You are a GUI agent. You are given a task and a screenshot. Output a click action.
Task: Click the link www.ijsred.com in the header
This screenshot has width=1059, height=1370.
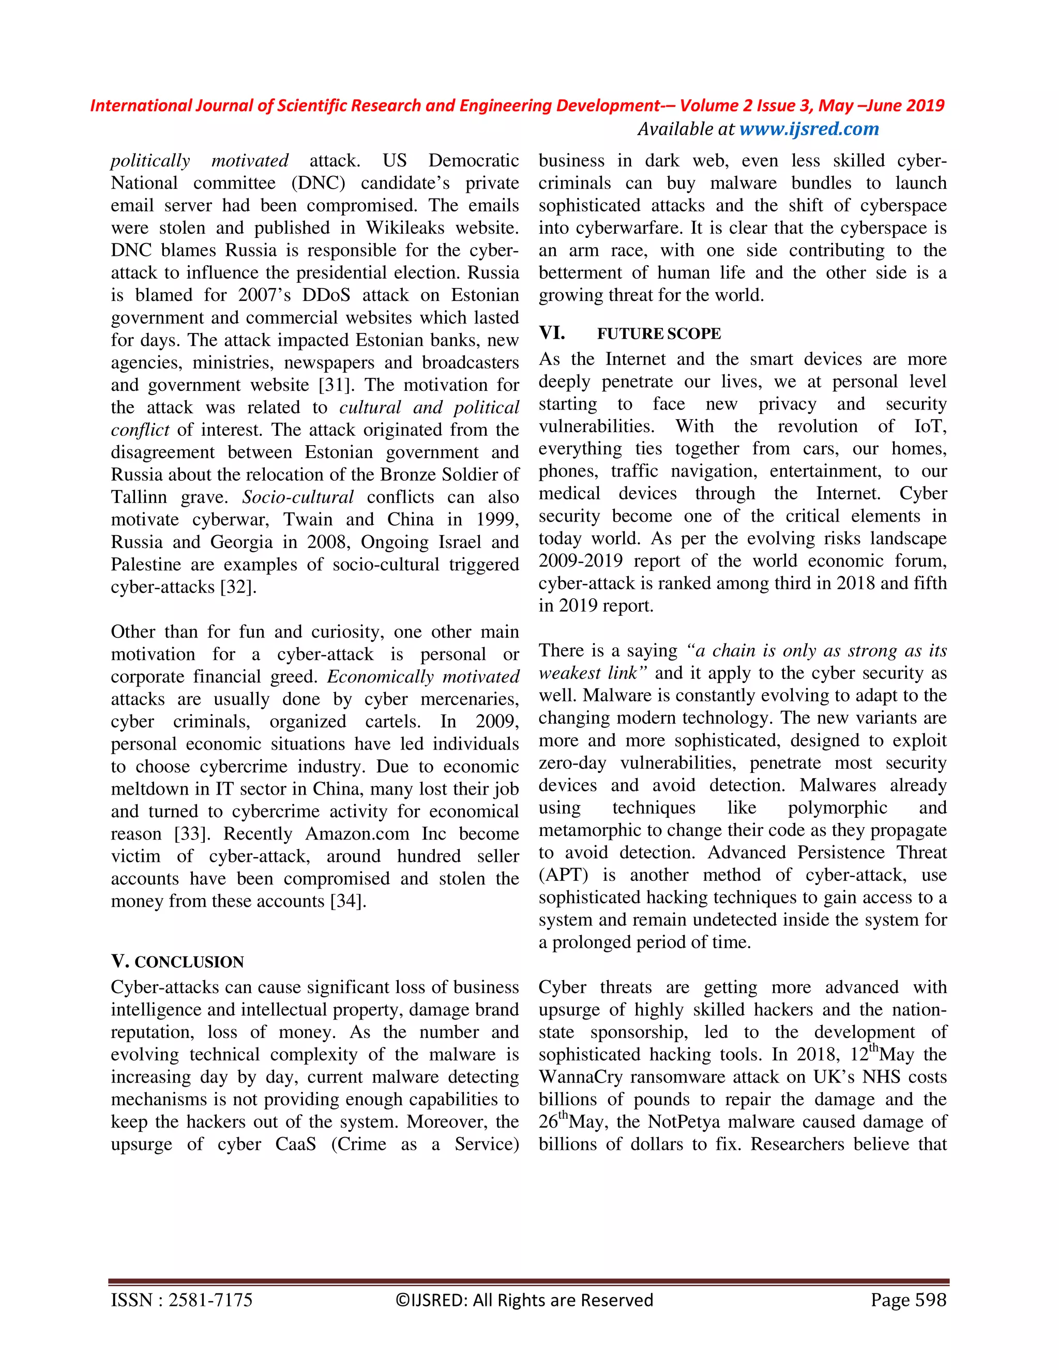(x=809, y=129)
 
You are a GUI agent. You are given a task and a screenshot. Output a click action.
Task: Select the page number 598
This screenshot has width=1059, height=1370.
(x=930, y=1300)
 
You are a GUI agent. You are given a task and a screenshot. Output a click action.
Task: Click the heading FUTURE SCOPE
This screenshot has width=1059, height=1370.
(x=659, y=334)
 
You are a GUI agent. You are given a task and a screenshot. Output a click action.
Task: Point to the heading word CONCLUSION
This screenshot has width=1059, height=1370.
(x=189, y=962)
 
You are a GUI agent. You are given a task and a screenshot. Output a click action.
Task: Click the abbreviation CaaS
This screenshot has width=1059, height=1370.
(x=295, y=1144)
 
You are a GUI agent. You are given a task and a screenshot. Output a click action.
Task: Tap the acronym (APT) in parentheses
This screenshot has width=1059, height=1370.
(x=563, y=875)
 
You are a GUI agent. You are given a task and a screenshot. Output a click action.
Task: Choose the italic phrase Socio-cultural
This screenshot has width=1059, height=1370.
(x=298, y=497)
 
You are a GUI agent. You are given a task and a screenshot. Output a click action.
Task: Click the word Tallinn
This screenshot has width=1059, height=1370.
(x=139, y=497)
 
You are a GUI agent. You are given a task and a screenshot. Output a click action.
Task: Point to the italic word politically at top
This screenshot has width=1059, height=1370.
(x=150, y=161)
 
